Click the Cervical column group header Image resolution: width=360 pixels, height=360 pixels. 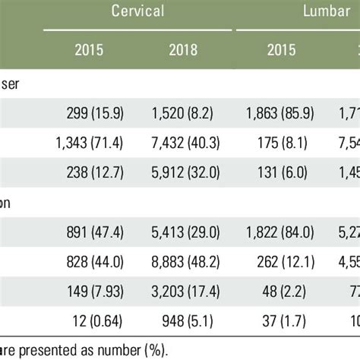[137, 11]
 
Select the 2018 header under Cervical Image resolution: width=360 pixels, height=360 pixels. [184, 51]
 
